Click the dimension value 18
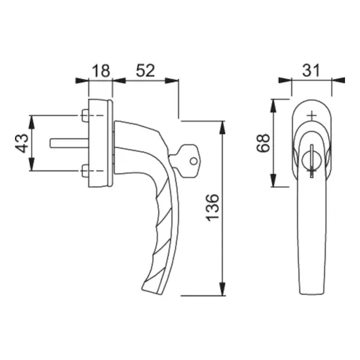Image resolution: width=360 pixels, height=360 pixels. tap(101, 71)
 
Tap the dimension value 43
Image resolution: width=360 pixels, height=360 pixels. tap(22, 143)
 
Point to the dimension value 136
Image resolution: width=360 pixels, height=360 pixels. tap(212, 208)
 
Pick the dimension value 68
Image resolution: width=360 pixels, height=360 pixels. tap(263, 143)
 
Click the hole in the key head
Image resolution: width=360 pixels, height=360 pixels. tap(194, 161)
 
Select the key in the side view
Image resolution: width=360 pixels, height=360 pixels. tap(185, 161)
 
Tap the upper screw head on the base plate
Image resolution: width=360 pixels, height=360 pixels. tap(85, 115)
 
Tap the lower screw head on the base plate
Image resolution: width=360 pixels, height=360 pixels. tap(85, 171)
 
